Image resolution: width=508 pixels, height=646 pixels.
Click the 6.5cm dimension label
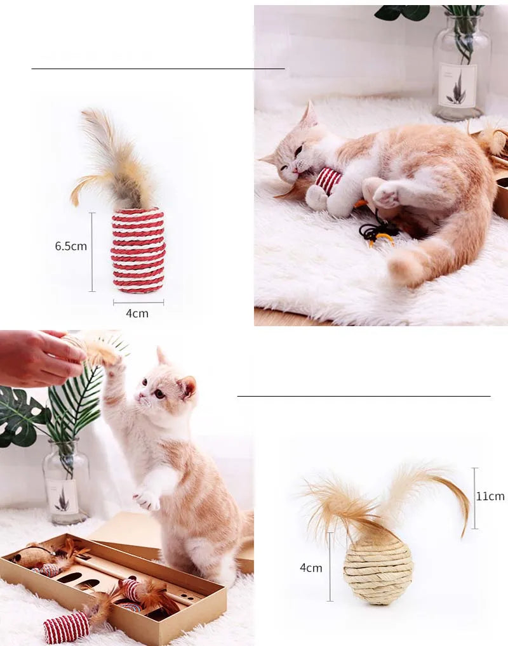[71, 246]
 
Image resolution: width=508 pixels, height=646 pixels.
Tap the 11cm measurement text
[491, 496]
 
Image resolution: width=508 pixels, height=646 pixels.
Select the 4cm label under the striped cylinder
[137, 313]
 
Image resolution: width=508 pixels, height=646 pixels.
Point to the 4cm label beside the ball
[311, 568]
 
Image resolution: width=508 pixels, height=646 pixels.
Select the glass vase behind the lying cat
[461, 66]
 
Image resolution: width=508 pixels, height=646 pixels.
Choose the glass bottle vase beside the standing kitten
[66, 482]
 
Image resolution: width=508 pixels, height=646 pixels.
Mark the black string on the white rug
[376, 232]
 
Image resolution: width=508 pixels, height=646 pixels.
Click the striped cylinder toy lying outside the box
[67, 627]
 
